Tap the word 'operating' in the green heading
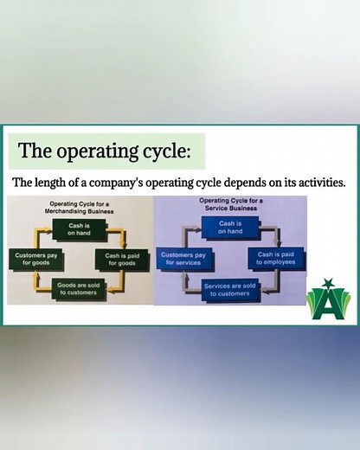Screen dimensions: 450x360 [x=90, y=151]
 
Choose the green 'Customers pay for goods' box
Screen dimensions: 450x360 [x=35, y=259]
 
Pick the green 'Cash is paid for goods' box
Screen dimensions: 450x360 [x=124, y=259]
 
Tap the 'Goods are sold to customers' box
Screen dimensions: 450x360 [x=78, y=288]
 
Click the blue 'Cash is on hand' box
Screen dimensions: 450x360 [x=230, y=228]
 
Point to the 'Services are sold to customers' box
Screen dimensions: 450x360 [x=230, y=288]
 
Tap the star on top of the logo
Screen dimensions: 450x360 [x=328, y=284]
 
